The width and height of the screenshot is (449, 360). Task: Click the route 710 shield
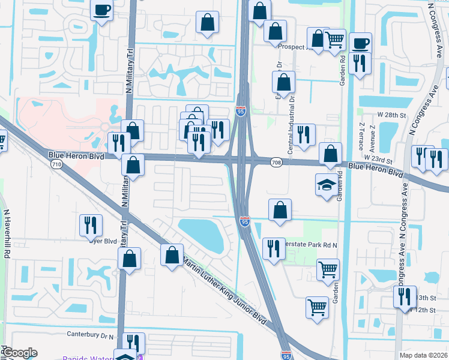(x=56, y=164)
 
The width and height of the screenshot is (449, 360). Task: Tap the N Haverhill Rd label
(x=7, y=234)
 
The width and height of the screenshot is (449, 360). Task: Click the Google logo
(x=20, y=353)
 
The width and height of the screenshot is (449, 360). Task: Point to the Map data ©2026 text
(x=423, y=355)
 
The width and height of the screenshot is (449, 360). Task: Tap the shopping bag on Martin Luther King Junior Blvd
(x=172, y=254)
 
